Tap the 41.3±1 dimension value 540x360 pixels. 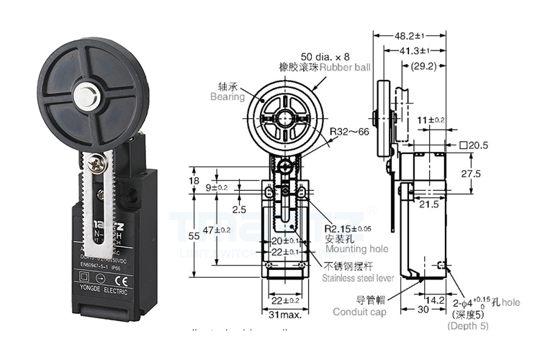pyautogui.click(x=404, y=50)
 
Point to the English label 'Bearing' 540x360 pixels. pyautogui.click(x=228, y=96)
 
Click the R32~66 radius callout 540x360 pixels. pyautogui.click(x=350, y=132)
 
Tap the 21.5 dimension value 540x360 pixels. pyautogui.click(x=430, y=204)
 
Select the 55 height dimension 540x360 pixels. pyautogui.click(x=194, y=236)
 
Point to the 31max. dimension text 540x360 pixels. pyautogui.click(x=284, y=315)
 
